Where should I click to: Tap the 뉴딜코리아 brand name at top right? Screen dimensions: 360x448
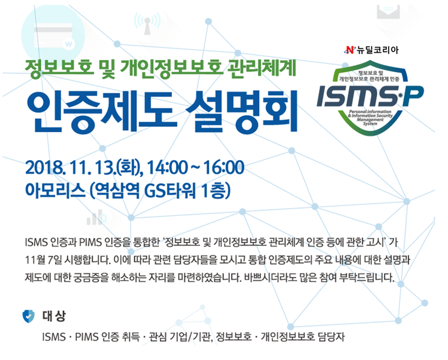pos(378,49)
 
